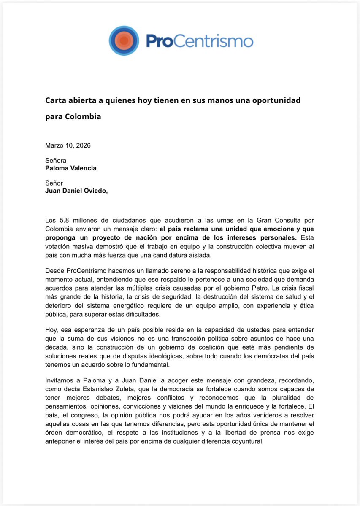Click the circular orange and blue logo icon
[124, 40]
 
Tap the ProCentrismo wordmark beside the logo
[200, 41]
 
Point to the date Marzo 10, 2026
[68, 145]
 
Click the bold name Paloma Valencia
[71, 168]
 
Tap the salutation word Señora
[56, 160]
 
